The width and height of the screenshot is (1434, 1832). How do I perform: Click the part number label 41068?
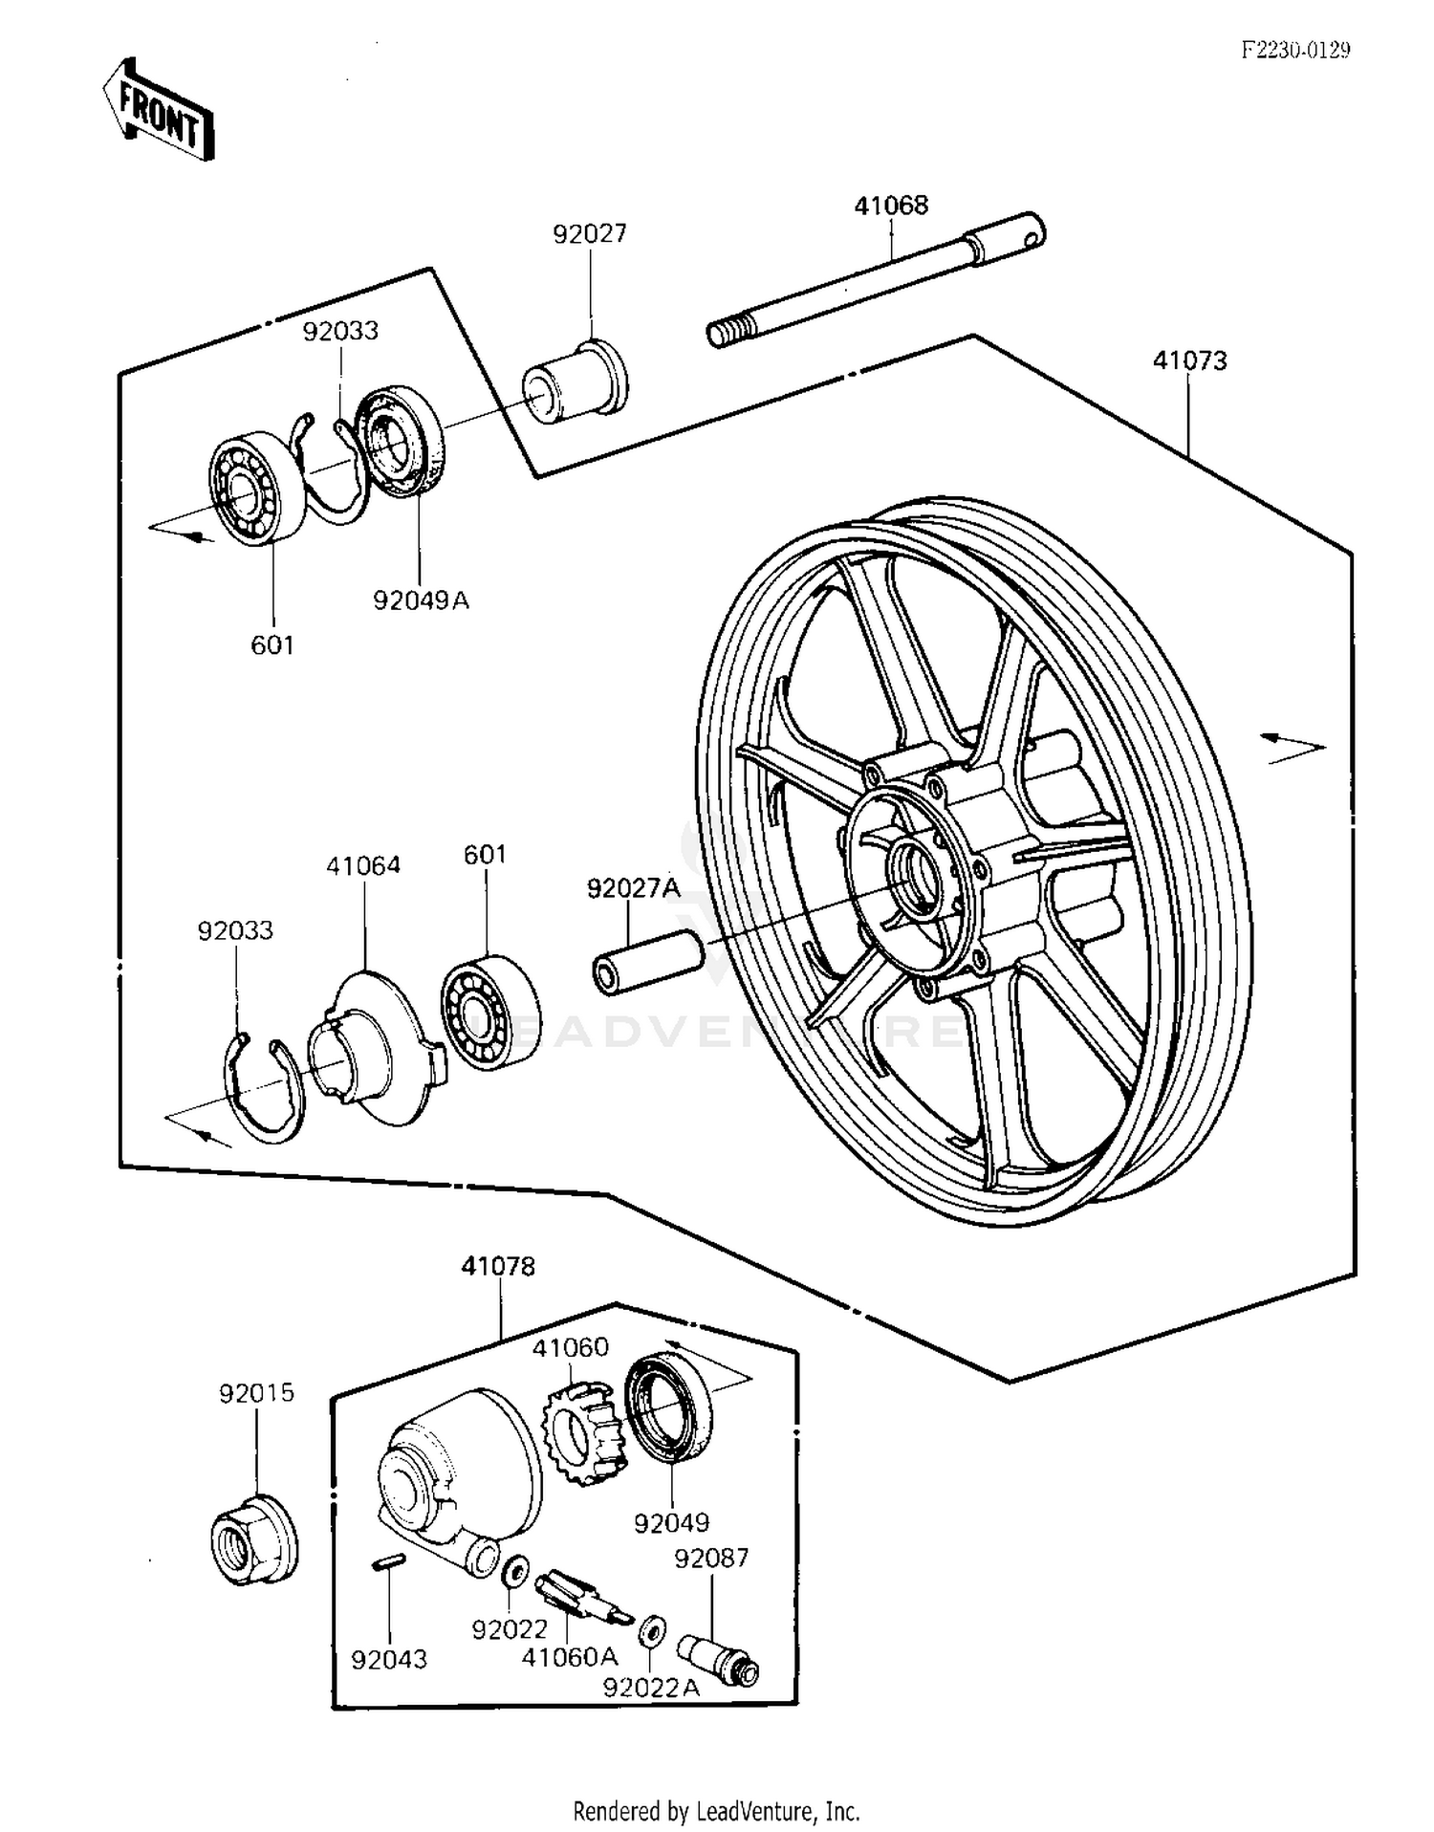click(x=890, y=206)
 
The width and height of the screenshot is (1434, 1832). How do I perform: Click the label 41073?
click(x=1189, y=360)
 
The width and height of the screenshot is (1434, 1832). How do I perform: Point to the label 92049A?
click(x=421, y=600)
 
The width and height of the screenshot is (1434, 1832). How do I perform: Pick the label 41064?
click(x=363, y=865)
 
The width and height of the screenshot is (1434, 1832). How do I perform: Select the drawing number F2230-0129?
click(x=1295, y=51)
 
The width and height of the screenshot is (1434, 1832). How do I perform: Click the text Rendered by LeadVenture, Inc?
click(x=716, y=1810)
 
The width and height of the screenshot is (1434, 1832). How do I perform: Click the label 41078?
click(x=498, y=1266)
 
